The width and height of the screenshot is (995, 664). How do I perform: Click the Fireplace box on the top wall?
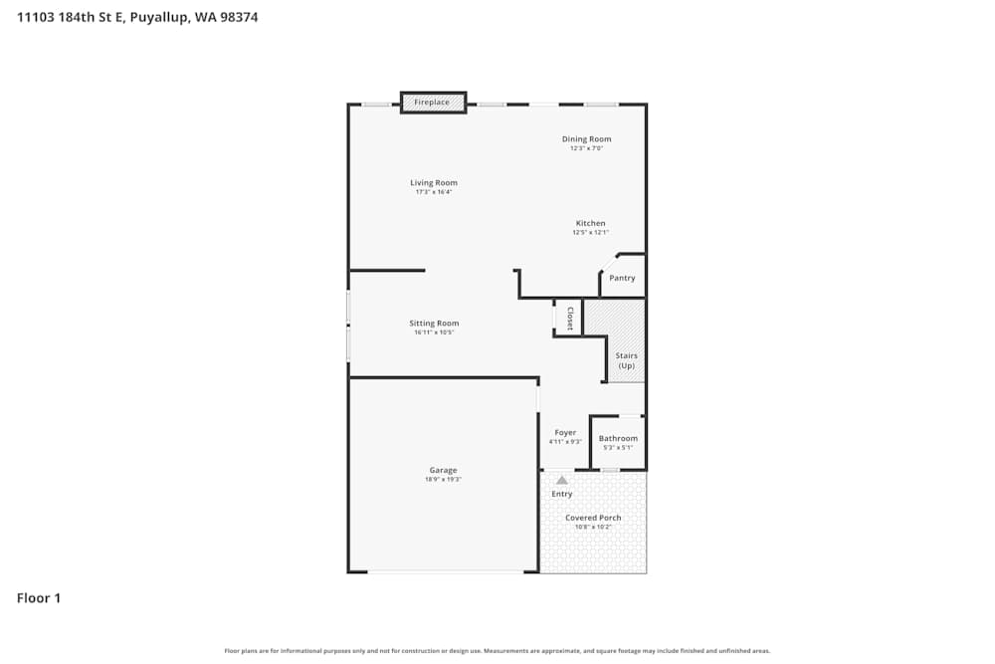click(x=433, y=102)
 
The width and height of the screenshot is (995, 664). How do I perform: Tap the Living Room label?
click(x=434, y=183)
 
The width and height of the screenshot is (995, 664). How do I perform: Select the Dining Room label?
click(x=587, y=139)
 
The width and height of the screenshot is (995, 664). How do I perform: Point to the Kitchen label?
click(x=590, y=223)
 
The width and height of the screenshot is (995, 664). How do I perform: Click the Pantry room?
click(x=622, y=278)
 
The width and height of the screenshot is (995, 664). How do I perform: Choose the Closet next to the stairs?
click(x=569, y=318)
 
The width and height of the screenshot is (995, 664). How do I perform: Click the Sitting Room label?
click(x=434, y=323)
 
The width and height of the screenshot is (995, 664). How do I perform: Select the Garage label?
click(x=443, y=470)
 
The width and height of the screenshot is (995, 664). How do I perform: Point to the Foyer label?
click(x=565, y=432)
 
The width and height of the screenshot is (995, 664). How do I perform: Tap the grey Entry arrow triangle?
click(x=561, y=480)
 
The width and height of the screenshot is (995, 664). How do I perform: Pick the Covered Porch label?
click(x=593, y=518)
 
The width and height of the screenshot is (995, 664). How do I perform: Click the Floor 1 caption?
click(x=39, y=598)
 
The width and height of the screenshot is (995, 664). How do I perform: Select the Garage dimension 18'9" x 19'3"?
click(x=443, y=480)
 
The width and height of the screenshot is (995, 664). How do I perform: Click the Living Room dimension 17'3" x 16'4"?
click(x=434, y=192)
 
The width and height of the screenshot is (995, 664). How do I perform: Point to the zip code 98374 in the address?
click(x=238, y=17)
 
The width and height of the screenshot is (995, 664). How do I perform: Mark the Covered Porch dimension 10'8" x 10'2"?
click(x=593, y=527)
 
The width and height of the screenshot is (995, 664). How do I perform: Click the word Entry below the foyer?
click(x=562, y=494)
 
